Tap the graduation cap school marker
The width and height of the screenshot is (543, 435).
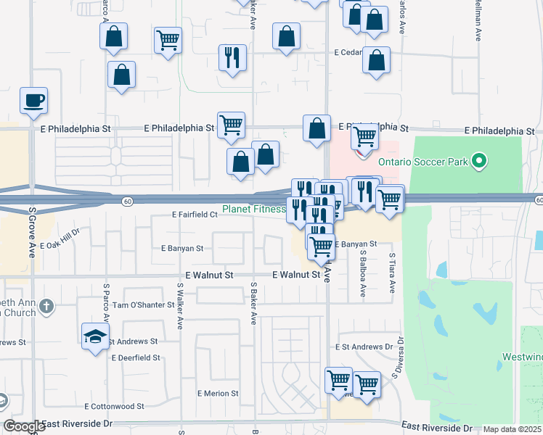95,336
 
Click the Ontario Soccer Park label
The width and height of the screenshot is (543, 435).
432,162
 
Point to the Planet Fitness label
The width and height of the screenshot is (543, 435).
253,210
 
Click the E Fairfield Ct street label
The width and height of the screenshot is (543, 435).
194,215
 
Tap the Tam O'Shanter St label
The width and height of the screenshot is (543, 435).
142,305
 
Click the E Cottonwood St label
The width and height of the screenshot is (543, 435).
114,407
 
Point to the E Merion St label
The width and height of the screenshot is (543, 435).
218,394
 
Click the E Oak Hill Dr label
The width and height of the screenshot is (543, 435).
60,245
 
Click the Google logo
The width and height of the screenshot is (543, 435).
24,427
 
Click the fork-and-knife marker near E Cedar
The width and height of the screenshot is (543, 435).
232,58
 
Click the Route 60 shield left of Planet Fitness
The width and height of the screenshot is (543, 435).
127,201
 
